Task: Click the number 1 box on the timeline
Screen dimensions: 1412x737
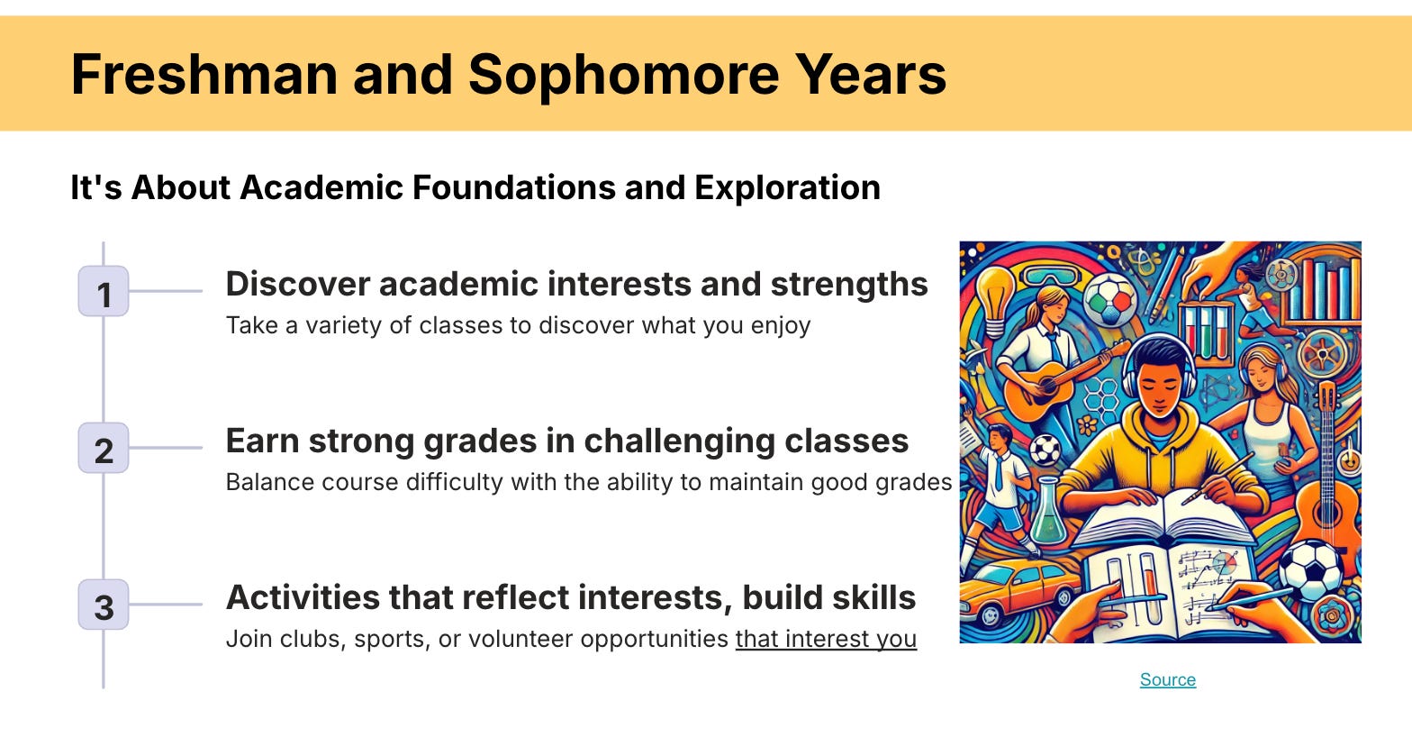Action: click(104, 291)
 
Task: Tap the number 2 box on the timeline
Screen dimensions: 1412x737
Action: click(104, 448)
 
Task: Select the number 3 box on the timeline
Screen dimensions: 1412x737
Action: click(104, 605)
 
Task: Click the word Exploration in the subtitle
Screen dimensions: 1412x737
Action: click(787, 189)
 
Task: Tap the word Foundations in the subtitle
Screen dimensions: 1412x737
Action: click(512, 188)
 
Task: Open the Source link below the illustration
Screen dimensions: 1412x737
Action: click(1167, 679)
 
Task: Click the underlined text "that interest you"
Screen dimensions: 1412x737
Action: click(826, 640)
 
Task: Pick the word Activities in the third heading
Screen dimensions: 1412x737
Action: click(303, 597)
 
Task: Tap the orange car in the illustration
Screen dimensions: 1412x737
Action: click(1016, 589)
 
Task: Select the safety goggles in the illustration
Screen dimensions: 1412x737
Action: click(1052, 276)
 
